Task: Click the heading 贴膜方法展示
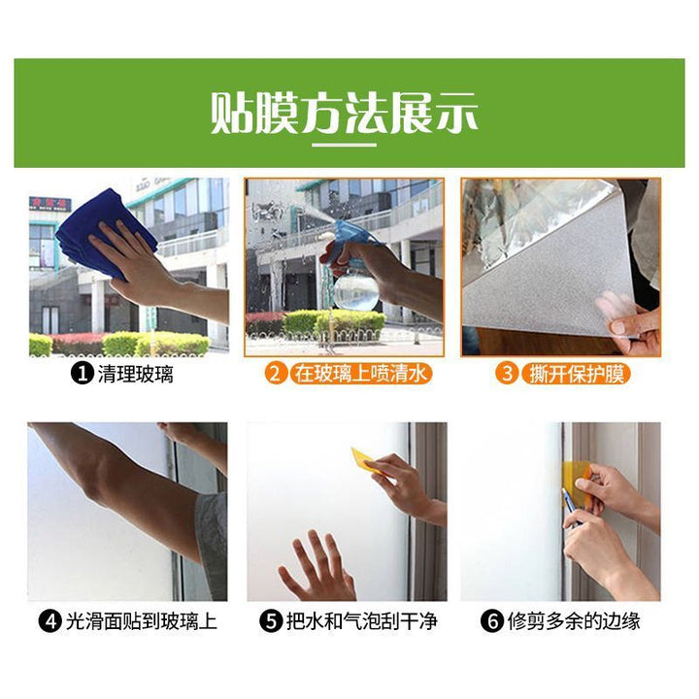coord(344,113)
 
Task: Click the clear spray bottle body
coord(356,289)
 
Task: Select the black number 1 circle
coord(82,373)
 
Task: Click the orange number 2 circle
coord(276,373)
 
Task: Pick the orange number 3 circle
coord(507,373)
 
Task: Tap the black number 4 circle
coord(50,621)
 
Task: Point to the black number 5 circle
coord(272,621)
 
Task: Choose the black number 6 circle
coord(492,621)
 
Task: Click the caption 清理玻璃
coord(135,374)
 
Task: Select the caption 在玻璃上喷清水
coord(360,374)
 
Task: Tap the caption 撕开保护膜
coord(576,374)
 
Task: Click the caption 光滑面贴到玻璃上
coord(142,621)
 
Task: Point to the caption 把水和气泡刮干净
coord(362,621)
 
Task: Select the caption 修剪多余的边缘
coord(574,621)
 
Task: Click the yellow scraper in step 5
coord(365,460)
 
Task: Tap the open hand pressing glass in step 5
coord(316,567)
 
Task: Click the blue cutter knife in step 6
coord(569,504)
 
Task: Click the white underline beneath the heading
coord(344,145)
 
